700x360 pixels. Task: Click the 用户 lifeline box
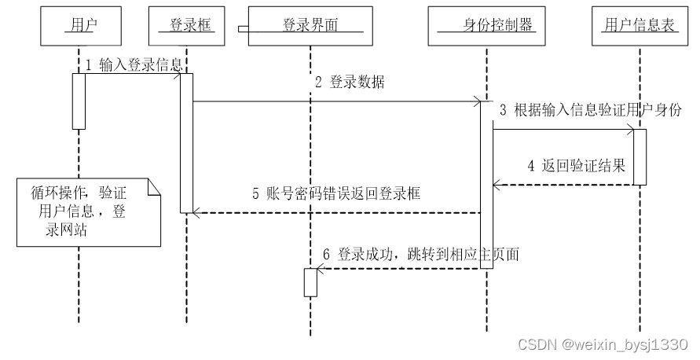[79, 26]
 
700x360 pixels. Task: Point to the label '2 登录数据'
[350, 83]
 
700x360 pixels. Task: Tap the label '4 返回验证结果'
[577, 166]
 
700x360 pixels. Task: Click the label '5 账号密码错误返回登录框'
[336, 193]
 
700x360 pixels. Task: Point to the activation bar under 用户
[79, 101]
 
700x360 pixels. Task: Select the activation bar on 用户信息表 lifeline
[640, 157]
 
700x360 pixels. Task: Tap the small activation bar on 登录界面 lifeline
[310, 281]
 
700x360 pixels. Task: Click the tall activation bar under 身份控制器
[486, 185]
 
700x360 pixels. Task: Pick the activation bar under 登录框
[186, 142]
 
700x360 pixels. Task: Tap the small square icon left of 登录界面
[244, 28]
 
